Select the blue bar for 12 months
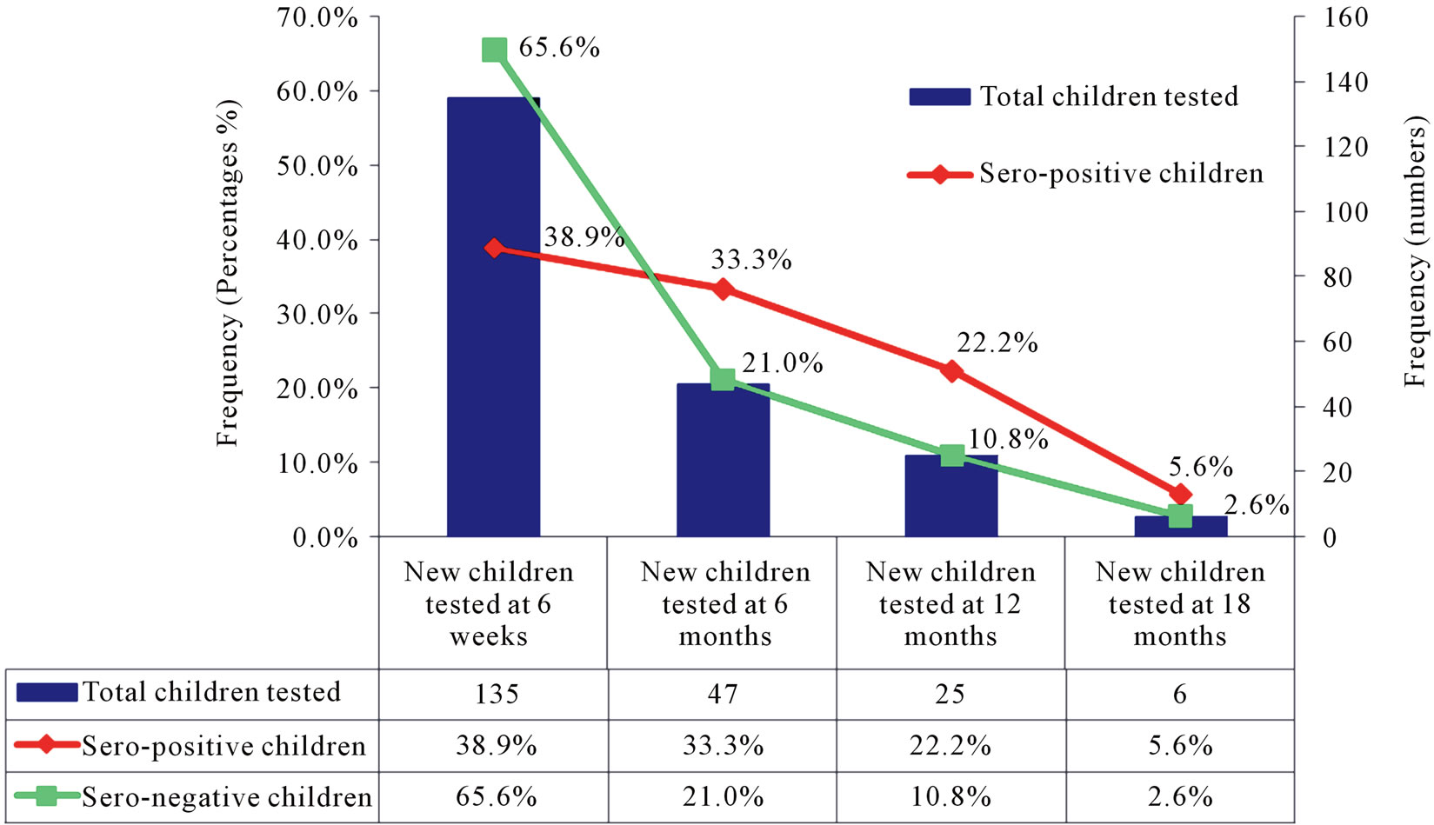[950, 500]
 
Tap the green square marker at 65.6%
[494, 50]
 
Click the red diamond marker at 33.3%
[723, 289]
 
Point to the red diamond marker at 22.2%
[952, 371]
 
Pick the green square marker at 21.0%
[723, 379]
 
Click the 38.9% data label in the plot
[584, 237]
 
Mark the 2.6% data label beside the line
[1256, 505]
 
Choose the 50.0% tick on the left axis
[317, 166]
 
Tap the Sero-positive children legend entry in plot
[1086, 174]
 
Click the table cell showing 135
[496, 694]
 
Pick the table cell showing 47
[723, 694]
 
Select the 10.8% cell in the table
[950, 796]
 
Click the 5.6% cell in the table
[1180, 745]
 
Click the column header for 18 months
[1180, 603]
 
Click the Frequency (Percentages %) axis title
[228, 274]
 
